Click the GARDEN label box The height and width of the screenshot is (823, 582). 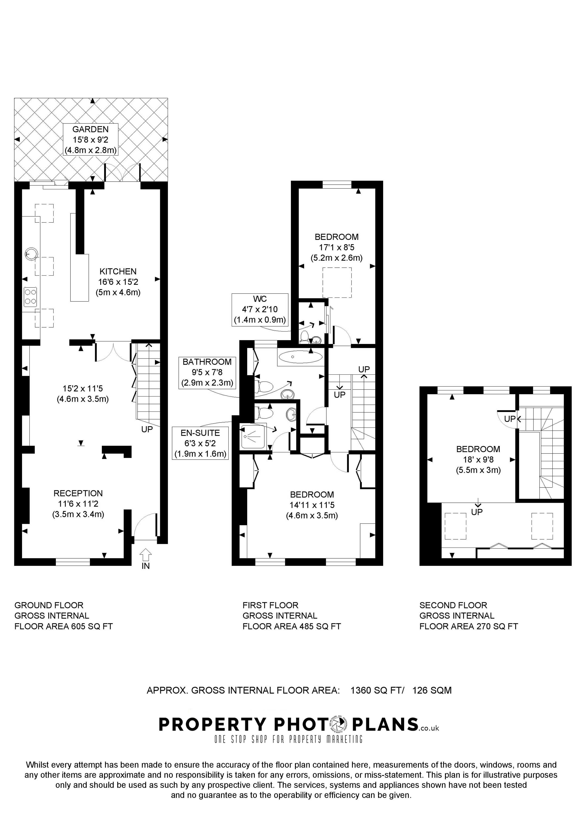(90, 139)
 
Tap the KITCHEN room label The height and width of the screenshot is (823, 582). (118, 271)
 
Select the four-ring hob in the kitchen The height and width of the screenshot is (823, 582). (30, 297)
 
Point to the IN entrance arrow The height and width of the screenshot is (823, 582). (146, 556)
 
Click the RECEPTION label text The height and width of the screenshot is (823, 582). (78, 493)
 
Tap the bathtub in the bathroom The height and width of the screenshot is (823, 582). (301, 357)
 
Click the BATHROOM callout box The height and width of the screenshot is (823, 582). (207, 372)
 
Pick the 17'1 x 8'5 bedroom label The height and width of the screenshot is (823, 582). (336, 247)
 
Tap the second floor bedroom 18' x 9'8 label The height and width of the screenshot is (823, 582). (478, 460)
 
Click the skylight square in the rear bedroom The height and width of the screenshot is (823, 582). (337, 282)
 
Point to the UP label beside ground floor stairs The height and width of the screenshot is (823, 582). (147, 429)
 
